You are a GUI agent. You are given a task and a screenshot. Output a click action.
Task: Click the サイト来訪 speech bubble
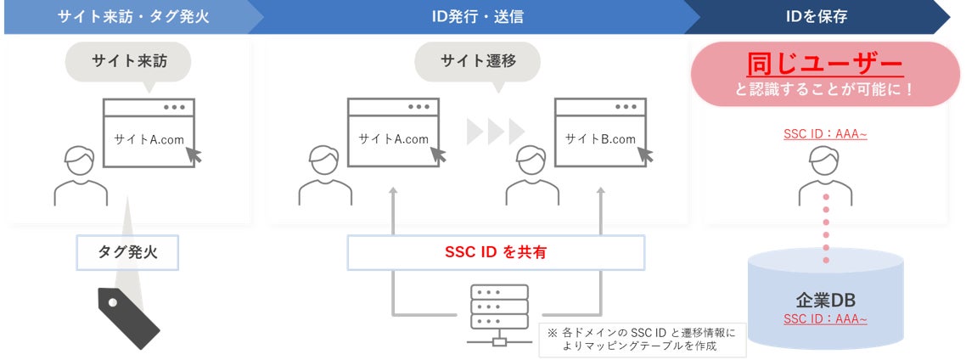coord(128,61)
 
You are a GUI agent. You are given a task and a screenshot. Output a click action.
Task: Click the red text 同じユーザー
coord(824,64)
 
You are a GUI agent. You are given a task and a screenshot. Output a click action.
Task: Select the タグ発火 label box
coord(128,252)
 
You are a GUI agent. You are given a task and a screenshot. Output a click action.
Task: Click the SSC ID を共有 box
coord(496,253)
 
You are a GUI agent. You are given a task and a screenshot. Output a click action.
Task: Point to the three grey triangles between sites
coord(496,132)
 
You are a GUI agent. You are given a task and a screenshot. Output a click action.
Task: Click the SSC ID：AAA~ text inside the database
coord(825,319)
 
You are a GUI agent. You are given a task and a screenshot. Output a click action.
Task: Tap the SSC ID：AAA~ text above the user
coord(825,135)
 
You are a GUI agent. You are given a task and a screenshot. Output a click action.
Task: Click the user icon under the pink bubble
coord(825,175)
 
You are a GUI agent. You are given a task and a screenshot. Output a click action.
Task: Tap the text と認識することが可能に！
coord(824,88)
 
